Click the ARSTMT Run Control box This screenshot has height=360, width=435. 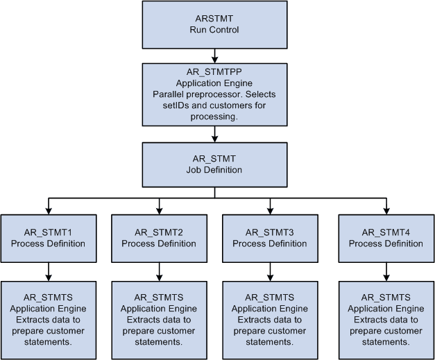(215, 24)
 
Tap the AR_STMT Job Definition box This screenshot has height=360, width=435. (215, 164)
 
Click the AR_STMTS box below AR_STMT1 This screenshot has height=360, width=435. (48, 319)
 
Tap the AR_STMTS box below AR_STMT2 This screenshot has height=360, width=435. (159, 319)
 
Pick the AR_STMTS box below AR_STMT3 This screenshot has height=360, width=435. (270, 319)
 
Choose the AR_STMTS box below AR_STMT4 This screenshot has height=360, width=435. (386, 319)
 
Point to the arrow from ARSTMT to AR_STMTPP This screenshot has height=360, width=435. (215, 55)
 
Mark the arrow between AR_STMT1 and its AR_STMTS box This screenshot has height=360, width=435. (48, 271)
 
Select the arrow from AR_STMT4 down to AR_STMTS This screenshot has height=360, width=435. (386, 271)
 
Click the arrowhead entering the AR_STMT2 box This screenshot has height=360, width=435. (159, 210)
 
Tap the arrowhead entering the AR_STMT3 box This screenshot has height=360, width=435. (270, 210)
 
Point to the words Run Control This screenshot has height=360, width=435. (215, 30)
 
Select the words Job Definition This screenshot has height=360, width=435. (215, 169)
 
